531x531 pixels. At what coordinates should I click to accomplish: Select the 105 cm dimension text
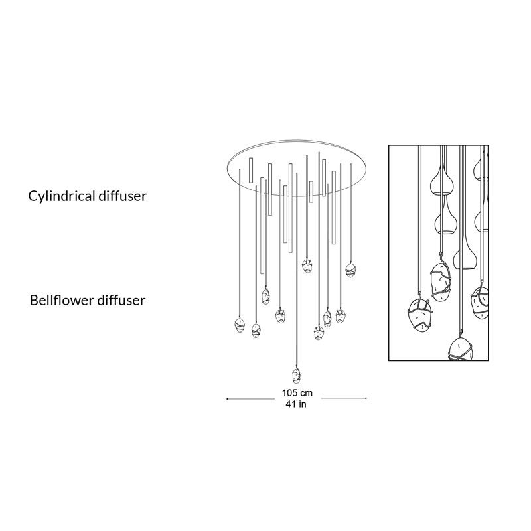pyautogui.click(x=297, y=393)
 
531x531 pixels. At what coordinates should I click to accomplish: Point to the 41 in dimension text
pyautogui.click(x=295, y=404)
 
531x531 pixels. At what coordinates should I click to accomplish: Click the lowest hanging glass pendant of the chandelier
pyautogui.click(x=296, y=376)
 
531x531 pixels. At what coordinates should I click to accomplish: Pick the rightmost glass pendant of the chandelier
pyautogui.click(x=350, y=270)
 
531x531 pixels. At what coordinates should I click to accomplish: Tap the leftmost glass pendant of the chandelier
pyautogui.click(x=240, y=325)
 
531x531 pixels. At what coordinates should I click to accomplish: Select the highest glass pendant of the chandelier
pyautogui.click(x=307, y=265)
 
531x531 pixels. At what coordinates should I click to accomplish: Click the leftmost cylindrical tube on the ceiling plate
pyautogui.click(x=251, y=170)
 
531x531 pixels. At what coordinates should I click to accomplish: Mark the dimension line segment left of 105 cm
pyautogui.click(x=251, y=399)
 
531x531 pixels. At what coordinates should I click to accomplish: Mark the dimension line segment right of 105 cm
pyautogui.click(x=344, y=398)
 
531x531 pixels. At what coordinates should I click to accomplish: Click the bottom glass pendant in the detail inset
pyautogui.click(x=461, y=350)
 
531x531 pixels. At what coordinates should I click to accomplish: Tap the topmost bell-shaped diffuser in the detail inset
pyautogui.click(x=441, y=183)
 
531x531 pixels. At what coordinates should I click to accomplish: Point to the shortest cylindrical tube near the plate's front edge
pyautogui.click(x=311, y=192)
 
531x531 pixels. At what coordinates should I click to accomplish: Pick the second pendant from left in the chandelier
pyautogui.click(x=256, y=331)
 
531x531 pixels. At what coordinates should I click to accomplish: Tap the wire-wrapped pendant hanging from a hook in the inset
pyautogui.click(x=441, y=281)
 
